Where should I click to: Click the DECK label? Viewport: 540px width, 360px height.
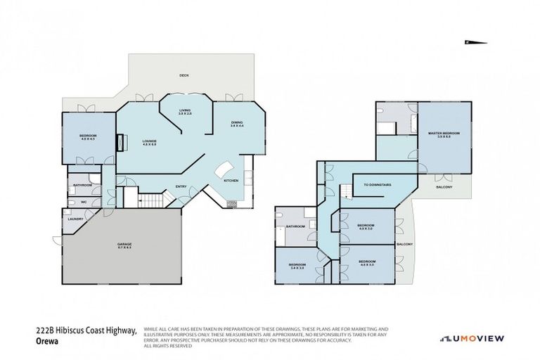(x=184, y=75)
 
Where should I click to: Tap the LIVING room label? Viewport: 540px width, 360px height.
(x=185, y=112)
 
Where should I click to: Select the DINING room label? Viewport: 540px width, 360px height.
(x=237, y=124)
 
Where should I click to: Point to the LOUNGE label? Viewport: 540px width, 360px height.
(x=149, y=142)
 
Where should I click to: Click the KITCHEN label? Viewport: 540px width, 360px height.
(x=231, y=181)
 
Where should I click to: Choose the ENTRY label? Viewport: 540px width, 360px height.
(x=181, y=186)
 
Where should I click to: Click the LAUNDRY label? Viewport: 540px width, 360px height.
(x=75, y=219)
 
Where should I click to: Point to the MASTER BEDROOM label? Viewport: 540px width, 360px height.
(x=443, y=134)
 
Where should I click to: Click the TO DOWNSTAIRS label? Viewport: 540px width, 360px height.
(x=377, y=186)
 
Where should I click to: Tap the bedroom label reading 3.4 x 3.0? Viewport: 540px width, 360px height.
(x=296, y=266)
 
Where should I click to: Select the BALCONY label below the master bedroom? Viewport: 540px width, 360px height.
(x=444, y=187)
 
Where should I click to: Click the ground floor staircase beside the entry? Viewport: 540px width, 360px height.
(x=148, y=201)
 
